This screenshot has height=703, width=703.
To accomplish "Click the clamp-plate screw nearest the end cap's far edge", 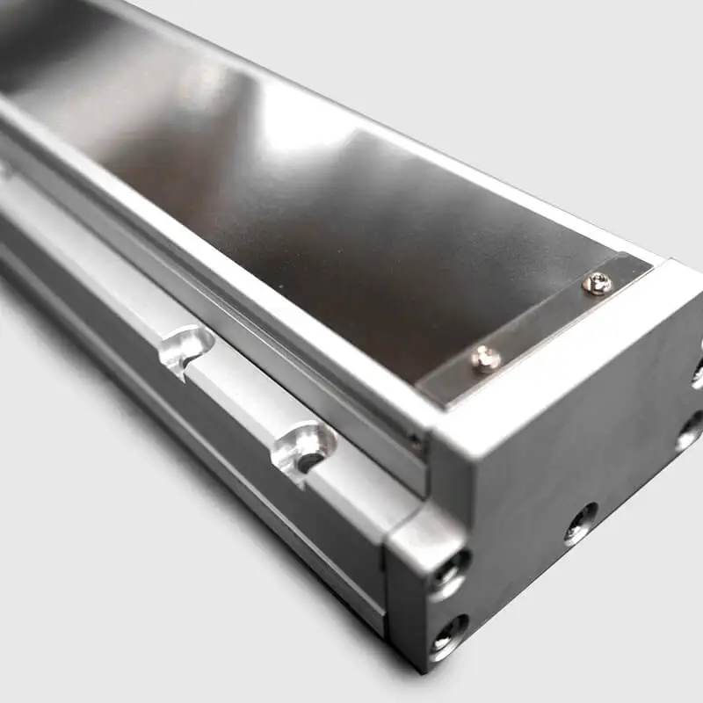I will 597,283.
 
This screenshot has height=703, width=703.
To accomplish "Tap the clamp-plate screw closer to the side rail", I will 486,358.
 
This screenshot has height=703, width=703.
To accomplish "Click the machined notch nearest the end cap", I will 303,446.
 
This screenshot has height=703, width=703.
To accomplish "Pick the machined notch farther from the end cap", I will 186,345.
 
